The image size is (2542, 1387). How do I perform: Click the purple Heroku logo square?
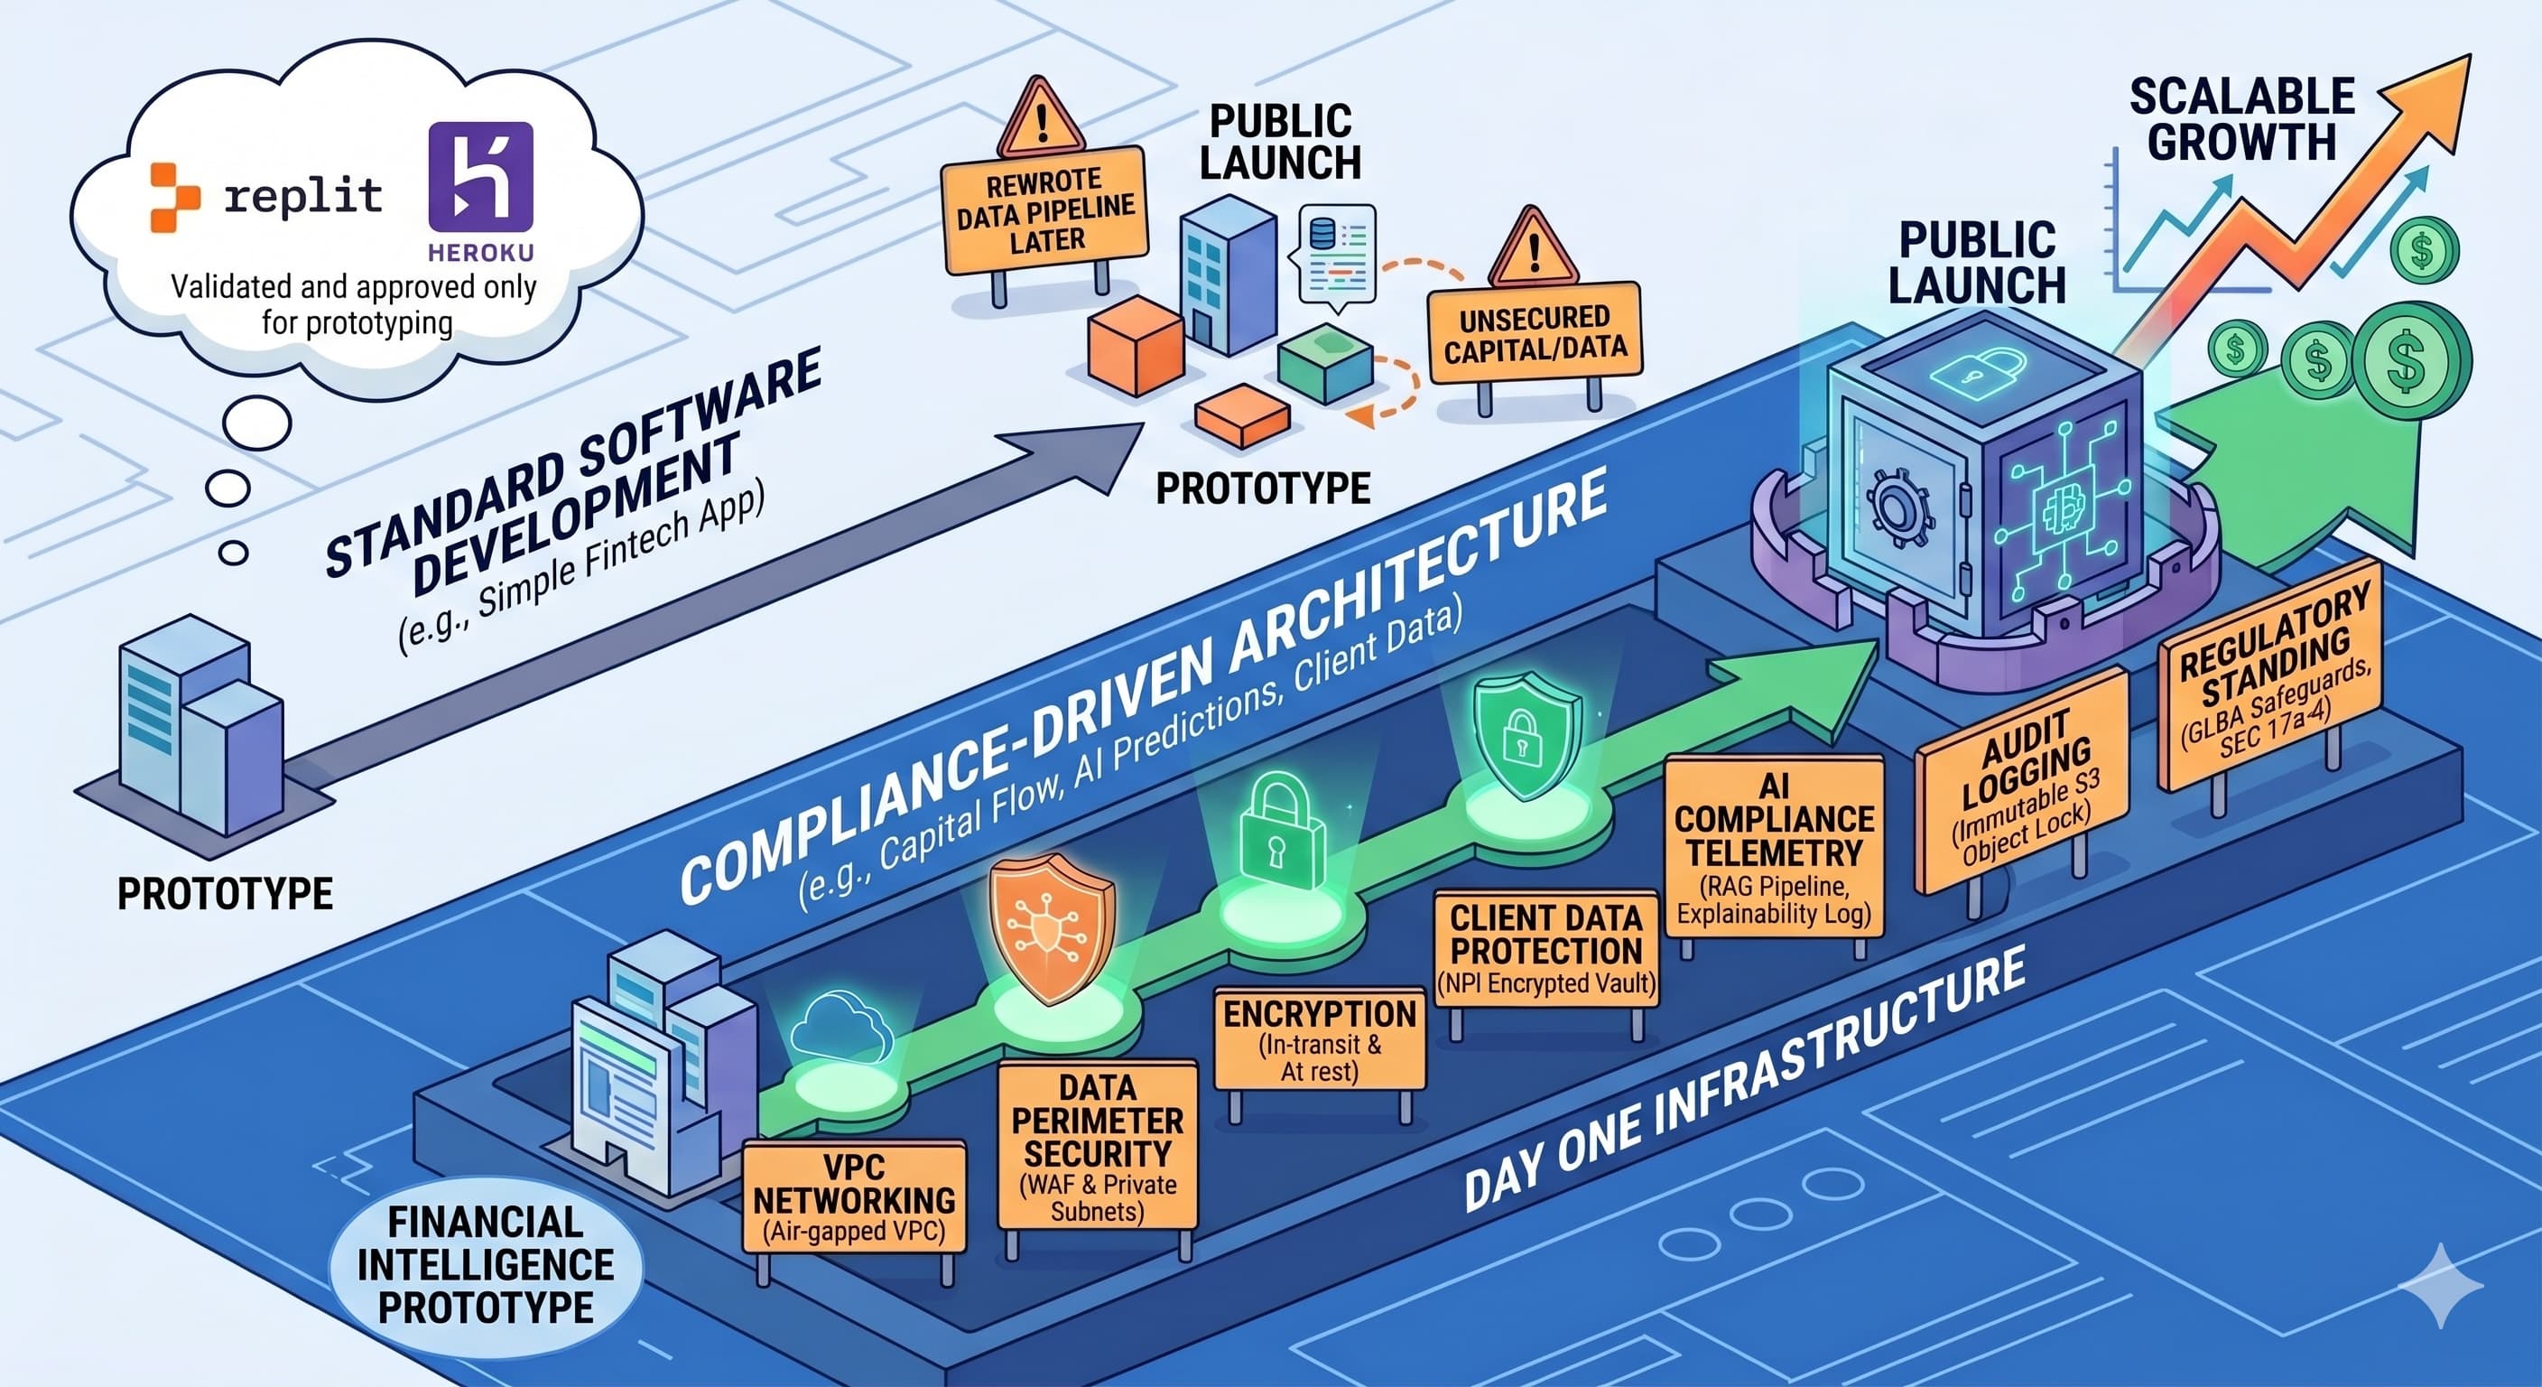pyautogui.click(x=480, y=178)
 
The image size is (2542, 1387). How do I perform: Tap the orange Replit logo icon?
pyautogui.click(x=174, y=198)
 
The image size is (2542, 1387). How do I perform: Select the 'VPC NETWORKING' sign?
pyautogui.click(x=854, y=1196)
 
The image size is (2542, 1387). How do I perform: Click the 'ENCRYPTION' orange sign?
pyautogui.click(x=1320, y=1038)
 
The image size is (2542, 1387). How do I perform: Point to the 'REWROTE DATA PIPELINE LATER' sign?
pyautogui.click(x=1045, y=209)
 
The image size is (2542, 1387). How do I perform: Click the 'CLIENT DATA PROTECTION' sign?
pyautogui.click(x=1545, y=949)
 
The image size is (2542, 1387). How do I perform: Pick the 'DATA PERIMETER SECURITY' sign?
pyautogui.click(x=1098, y=1145)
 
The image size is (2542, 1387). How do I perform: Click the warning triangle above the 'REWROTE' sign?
pyautogui.click(x=1040, y=118)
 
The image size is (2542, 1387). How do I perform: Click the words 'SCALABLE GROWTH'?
pyautogui.click(x=2242, y=119)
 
